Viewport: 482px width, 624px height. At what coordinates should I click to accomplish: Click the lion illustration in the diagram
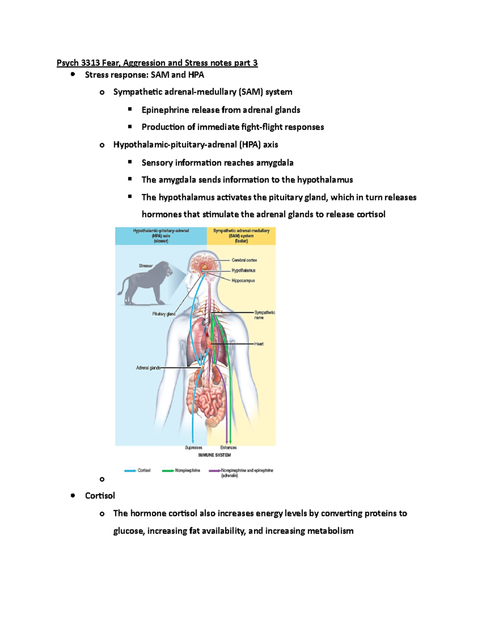(145, 283)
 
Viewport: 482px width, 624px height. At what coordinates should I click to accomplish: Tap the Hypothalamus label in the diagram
(243, 270)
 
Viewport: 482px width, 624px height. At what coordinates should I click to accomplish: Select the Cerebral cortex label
(244, 260)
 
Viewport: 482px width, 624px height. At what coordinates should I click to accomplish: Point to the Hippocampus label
(243, 280)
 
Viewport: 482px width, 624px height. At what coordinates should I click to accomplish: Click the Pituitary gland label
(164, 314)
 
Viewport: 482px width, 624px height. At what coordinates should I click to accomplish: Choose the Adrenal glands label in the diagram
(148, 368)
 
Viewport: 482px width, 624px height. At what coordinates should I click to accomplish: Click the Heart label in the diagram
(259, 344)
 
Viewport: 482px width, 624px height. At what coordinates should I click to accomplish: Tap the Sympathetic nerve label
(264, 315)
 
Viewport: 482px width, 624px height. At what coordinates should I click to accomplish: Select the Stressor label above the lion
(146, 266)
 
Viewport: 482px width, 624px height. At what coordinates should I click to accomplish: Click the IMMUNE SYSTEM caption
(214, 455)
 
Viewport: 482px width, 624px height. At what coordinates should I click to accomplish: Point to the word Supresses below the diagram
(194, 448)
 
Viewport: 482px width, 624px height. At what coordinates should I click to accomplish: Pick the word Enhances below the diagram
(229, 448)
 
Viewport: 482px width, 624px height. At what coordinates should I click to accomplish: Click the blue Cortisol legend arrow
(130, 471)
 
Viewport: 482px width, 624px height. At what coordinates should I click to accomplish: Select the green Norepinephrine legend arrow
(168, 471)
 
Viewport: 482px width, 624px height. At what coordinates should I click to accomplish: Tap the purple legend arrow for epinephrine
(214, 471)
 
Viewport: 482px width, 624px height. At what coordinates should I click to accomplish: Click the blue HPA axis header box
(161, 236)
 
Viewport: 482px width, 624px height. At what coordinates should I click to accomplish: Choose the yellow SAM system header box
(241, 236)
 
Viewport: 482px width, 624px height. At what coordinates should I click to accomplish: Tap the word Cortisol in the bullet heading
(100, 496)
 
